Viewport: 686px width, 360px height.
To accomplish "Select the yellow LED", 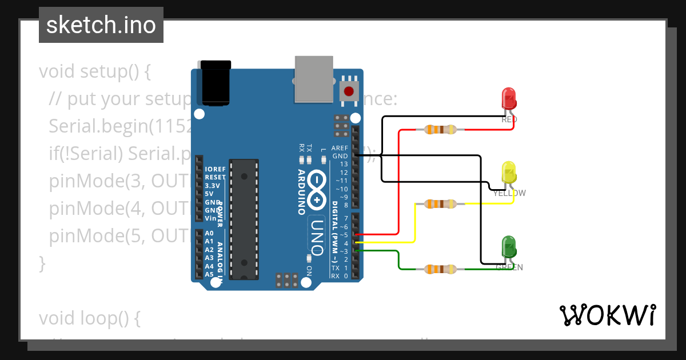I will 508,172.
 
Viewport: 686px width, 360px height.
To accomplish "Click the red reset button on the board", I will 348,90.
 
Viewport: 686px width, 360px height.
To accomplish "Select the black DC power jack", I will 213,82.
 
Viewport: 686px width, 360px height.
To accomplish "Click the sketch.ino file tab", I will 101,25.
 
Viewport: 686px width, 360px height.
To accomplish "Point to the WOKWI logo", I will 607,315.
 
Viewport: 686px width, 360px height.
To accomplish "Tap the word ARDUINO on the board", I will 301,191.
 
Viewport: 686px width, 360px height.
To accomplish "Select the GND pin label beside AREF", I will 340,156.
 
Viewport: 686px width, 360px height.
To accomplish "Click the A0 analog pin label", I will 209,234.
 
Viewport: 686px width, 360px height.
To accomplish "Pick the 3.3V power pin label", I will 212,186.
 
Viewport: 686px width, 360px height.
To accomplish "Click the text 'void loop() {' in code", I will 89,318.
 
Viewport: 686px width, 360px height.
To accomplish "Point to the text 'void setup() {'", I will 94,72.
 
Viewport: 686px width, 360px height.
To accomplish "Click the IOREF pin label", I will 215,170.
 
